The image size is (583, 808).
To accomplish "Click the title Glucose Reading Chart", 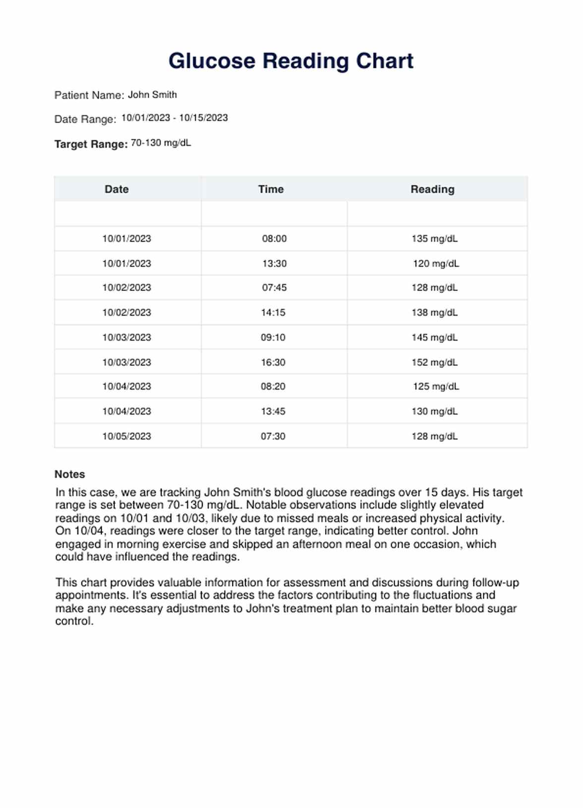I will (x=291, y=61).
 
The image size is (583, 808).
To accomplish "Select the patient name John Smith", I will (x=152, y=95).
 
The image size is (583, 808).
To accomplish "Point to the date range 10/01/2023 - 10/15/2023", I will (x=175, y=118).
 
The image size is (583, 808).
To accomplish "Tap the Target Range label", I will (x=91, y=144).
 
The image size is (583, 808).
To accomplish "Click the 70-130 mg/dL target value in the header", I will (x=161, y=143).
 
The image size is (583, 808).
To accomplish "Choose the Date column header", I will (x=117, y=189).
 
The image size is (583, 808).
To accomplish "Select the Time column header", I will (x=271, y=189).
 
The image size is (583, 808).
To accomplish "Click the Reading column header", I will (x=432, y=189).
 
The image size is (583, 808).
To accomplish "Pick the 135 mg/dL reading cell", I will (x=434, y=239).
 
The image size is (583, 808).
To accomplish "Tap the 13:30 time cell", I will (x=274, y=264).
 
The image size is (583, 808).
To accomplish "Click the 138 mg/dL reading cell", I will (x=434, y=313).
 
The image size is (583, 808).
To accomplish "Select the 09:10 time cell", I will (x=273, y=338).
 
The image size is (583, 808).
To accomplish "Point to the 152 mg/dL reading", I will (x=434, y=362).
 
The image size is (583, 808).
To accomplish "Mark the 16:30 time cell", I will (x=273, y=362).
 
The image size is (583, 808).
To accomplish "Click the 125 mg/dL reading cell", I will (x=436, y=387).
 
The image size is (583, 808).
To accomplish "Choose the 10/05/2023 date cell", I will (x=126, y=436).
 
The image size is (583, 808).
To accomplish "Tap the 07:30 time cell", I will (x=273, y=436).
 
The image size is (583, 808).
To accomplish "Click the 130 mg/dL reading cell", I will (x=434, y=411).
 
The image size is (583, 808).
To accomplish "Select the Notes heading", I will (x=70, y=474).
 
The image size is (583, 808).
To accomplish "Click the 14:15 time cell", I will (x=273, y=313).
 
